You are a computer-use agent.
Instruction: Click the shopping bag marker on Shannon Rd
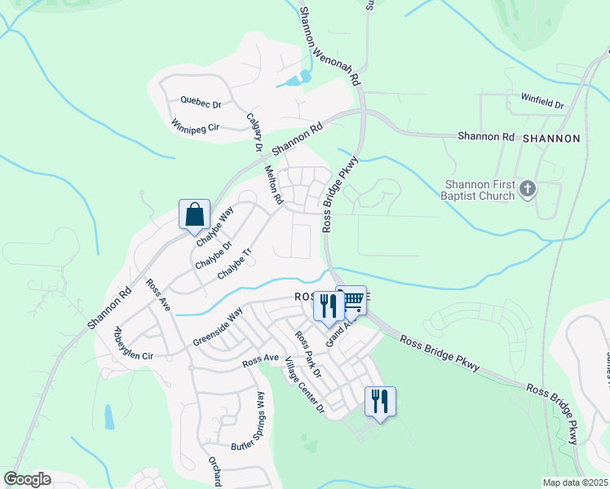pos(195,215)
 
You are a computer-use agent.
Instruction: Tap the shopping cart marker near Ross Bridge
pos(352,301)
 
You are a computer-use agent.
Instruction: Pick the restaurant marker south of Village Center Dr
pos(380,402)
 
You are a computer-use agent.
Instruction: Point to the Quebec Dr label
pos(201,104)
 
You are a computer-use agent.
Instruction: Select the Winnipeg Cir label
pos(197,127)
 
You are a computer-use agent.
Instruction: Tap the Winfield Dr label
pos(542,104)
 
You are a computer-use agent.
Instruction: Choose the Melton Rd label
pos(273,185)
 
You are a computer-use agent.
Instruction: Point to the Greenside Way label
pos(218,327)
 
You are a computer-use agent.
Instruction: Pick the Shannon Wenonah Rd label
pos(329,46)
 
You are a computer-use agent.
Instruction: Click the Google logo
pos(27,478)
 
